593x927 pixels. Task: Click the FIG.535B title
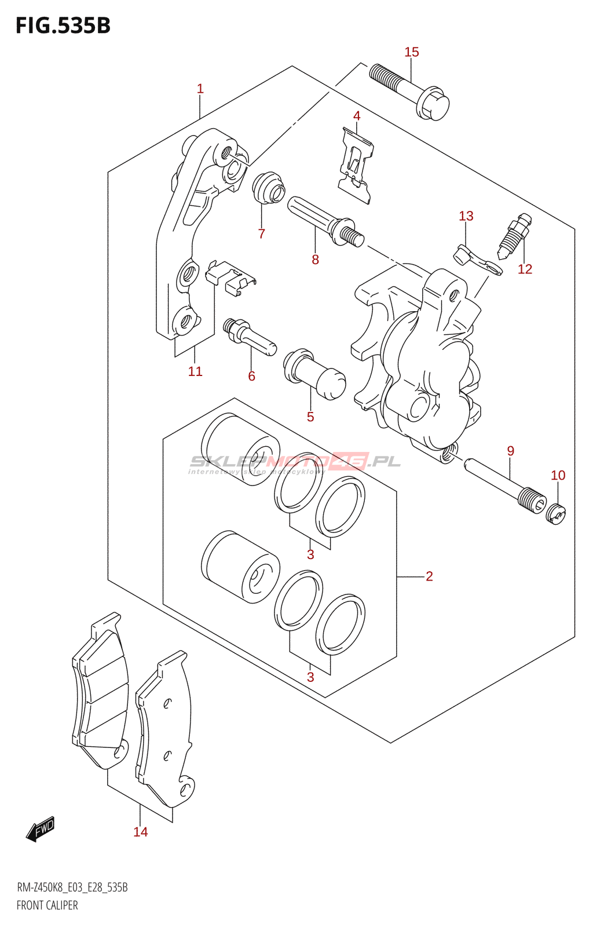click(63, 26)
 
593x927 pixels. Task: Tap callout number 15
click(411, 52)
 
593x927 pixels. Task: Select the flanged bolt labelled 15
click(410, 93)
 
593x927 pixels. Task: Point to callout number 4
click(357, 116)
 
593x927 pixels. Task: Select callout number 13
click(466, 216)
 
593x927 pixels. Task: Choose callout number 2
click(429, 576)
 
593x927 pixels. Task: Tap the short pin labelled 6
click(250, 337)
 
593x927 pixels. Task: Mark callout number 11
click(195, 371)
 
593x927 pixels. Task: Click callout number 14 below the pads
click(140, 832)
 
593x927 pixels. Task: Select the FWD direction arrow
click(41, 829)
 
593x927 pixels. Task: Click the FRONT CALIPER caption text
click(47, 906)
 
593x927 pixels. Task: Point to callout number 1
click(200, 89)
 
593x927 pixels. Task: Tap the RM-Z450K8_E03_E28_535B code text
click(72, 888)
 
